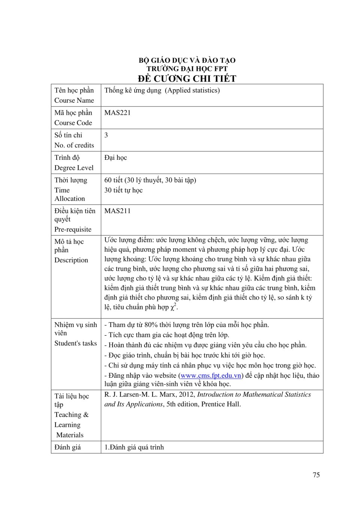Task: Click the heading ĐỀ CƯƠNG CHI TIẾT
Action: pyautogui.click(x=187, y=78)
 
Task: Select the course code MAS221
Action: pyautogui.click(x=117, y=113)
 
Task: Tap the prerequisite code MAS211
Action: pyautogui.click(x=117, y=211)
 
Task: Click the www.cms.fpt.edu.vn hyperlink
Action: pyautogui.click(x=211, y=375)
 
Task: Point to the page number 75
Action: pyautogui.click(x=316, y=475)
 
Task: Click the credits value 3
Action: pyautogui.click(x=106, y=135)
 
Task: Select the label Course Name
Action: pyautogui.click(x=74, y=100)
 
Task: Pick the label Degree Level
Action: pyautogui.click(x=74, y=168)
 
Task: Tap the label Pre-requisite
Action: pyautogui.click(x=73, y=229)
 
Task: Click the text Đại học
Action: pyautogui.click(x=115, y=158)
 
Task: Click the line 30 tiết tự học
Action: pyautogui.click(x=123, y=190)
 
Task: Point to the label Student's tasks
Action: pyautogui.click(x=75, y=343)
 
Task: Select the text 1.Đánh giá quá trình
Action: pyautogui.click(x=134, y=447)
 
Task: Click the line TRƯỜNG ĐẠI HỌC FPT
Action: pyautogui.click(x=187, y=69)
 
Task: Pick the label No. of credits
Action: pyautogui.click(x=74, y=145)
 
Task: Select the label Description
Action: pyautogui.click(x=71, y=260)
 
